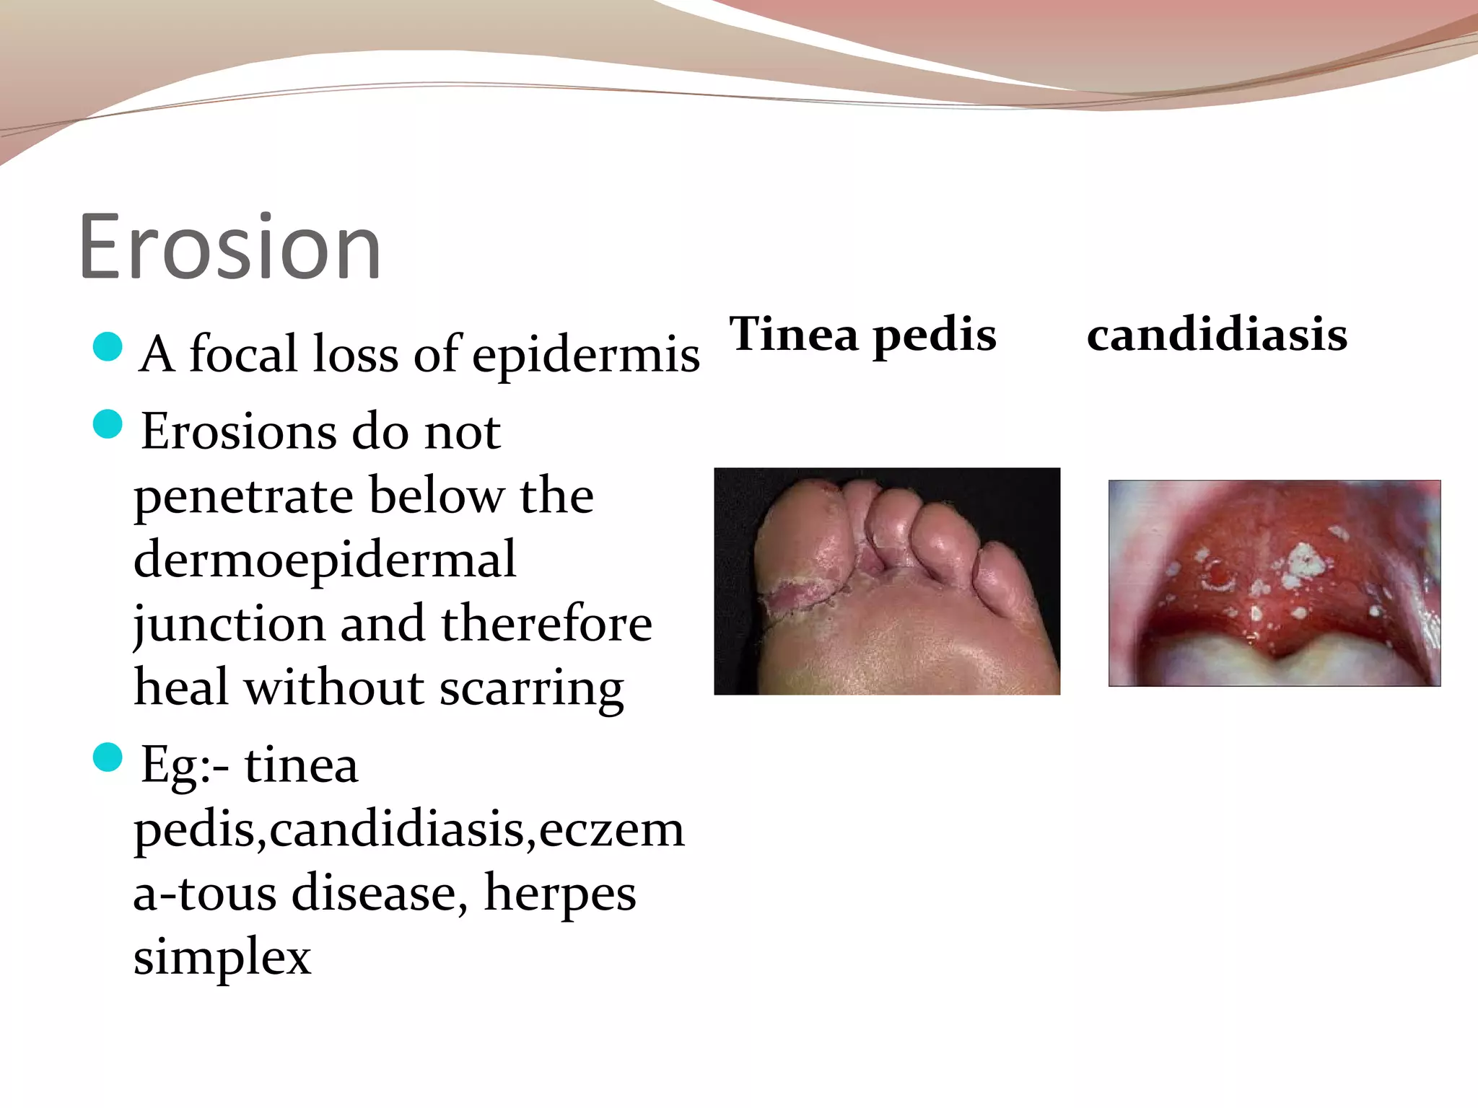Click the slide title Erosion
[229, 247]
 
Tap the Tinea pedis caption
[862, 334]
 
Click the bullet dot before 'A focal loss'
[108, 346]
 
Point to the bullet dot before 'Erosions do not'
[108, 424]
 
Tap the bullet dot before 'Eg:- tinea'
[108, 757]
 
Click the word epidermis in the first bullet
[586, 355]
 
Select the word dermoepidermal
[325, 560]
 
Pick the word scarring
[531, 687]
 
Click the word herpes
[560, 893]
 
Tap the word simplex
[222, 957]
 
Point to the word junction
[229, 624]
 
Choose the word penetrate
[244, 496]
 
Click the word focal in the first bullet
[244, 353]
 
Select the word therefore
[546, 624]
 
